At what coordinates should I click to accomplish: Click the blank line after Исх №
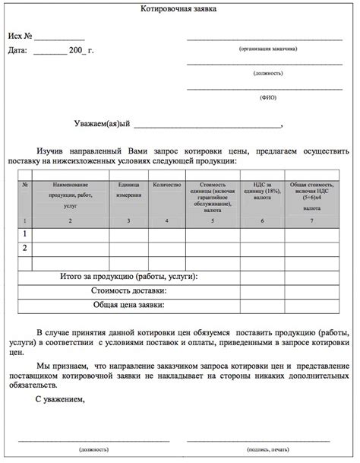pos(59,38)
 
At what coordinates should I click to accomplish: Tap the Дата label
pos(17,51)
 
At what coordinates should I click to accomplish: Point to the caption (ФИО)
pos(267,97)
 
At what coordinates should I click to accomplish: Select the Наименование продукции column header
pos(70,195)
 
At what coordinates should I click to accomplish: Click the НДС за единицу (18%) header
pos(262,190)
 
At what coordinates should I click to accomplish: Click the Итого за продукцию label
pos(128,277)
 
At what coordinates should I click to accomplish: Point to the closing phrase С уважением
pos(61,398)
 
